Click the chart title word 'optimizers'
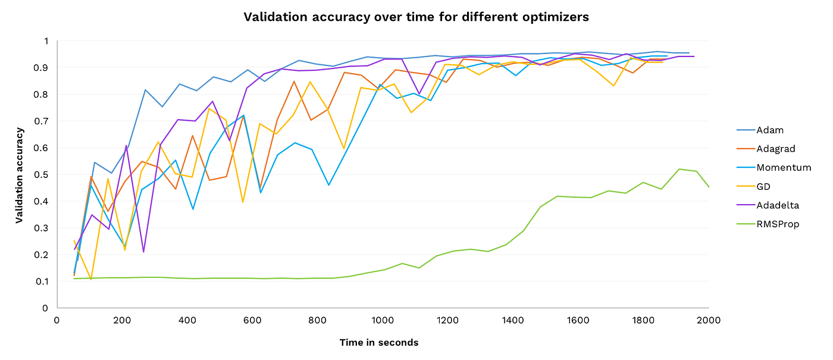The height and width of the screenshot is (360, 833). point(555,17)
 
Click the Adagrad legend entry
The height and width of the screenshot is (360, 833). point(775,149)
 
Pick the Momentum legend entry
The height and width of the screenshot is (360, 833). point(784,168)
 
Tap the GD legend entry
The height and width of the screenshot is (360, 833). point(764,186)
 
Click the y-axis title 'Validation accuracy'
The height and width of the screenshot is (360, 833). point(19,174)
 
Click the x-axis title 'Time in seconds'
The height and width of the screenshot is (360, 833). point(379,342)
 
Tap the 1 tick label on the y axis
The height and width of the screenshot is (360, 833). point(45,41)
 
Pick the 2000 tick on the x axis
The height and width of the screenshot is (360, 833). point(708,320)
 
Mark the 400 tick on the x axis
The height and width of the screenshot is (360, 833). point(187,320)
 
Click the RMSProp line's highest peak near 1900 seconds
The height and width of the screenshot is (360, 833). point(679,169)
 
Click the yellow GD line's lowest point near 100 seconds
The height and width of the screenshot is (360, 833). point(91,279)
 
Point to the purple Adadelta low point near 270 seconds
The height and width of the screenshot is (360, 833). point(143,252)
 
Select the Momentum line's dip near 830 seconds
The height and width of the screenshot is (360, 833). point(328,185)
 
